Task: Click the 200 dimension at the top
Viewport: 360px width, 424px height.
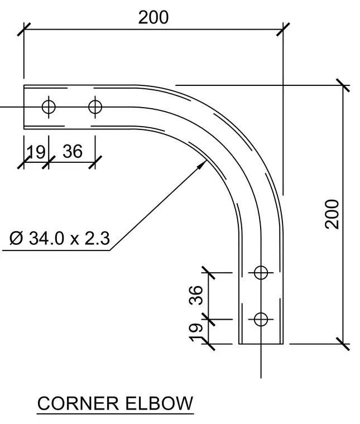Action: pyautogui.click(x=153, y=18)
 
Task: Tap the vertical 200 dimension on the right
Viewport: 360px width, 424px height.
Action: pyautogui.click(x=332, y=214)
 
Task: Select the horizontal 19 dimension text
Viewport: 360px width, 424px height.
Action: pyautogui.click(x=36, y=152)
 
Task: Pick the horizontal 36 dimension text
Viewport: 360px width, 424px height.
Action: pyautogui.click(x=73, y=151)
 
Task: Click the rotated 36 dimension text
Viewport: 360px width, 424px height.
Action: pyautogui.click(x=196, y=295)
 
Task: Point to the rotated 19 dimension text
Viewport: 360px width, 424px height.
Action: pyautogui.click(x=196, y=333)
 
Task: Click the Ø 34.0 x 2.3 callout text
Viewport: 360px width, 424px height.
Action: pyautogui.click(x=60, y=238)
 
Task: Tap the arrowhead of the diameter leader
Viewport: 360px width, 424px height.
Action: pyautogui.click(x=201, y=165)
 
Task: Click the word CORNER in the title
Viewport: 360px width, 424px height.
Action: pyautogui.click(x=78, y=403)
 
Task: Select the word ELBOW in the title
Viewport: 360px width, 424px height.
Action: pyautogui.click(x=159, y=403)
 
